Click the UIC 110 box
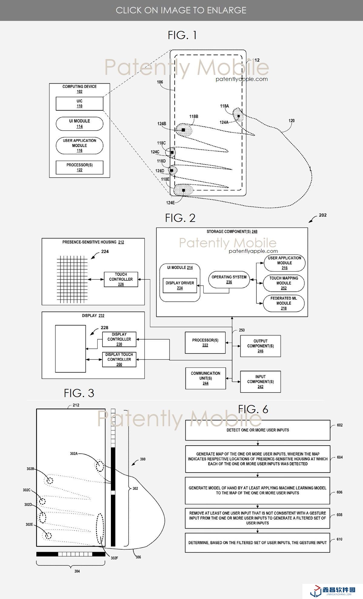click(79, 104)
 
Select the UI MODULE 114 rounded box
click(79, 124)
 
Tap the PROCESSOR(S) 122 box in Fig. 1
click(79, 167)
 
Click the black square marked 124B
click(183, 130)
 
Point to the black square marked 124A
click(239, 116)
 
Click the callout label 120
click(291, 121)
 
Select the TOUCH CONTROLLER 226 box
click(121, 279)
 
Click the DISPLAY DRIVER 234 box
click(180, 285)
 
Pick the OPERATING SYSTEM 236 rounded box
click(229, 279)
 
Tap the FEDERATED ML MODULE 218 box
click(284, 303)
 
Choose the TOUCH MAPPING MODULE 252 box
click(284, 283)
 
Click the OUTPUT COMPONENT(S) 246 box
click(260, 346)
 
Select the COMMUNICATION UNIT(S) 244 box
click(205, 378)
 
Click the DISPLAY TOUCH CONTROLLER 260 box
click(119, 359)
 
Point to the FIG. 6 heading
click(253, 409)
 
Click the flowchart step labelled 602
click(258, 430)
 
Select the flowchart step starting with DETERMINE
click(258, 543)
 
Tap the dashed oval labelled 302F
click(100, 529)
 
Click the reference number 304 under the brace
click(77, 571)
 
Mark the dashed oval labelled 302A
click(99, 466)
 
